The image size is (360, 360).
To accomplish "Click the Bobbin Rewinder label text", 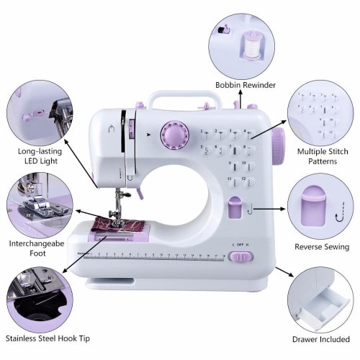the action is [x=246, y=85].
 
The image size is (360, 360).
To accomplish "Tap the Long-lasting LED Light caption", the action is [x=40, y=156].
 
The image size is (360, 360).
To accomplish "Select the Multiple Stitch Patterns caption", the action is [x=323, y=156].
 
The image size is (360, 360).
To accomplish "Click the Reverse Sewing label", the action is [x=322, y=247].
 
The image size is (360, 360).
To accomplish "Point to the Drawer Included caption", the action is [x=321, y=339].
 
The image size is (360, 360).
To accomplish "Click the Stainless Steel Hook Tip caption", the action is [x=48, y=338].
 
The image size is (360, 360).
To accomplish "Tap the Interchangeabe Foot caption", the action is [x=37, y=248].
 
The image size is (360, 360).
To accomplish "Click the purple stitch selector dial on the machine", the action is [x=175, y=135].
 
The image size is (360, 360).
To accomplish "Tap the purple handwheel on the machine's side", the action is [x=279, y=146].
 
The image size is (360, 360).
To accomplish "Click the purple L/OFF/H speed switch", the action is [x=240, y=257].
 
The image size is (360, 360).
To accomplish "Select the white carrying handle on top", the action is [x=184, y=99].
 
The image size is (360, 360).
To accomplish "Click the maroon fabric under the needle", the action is [x=118, y=225].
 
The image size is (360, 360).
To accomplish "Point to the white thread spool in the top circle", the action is [x=251, y=45].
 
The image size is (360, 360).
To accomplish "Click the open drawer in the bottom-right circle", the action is [x=324, y=306].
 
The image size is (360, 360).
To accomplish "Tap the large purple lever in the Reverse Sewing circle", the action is [x=313, y=206].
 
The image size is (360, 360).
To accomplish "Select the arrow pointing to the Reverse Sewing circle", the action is [x=269, y=209].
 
